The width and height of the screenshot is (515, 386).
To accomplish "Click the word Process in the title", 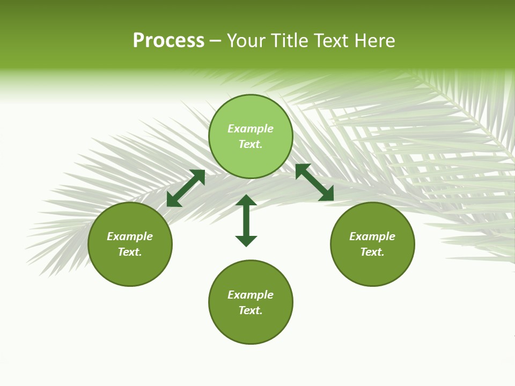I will [x=168, y=41].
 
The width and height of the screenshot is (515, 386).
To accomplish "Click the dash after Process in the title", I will [x=216, y=42].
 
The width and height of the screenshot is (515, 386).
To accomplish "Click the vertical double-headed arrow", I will [x=246, y=220].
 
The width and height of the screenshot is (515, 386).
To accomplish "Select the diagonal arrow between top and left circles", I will [x=186, y=188].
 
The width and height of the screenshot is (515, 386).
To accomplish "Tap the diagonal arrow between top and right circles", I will [x=314, y=182].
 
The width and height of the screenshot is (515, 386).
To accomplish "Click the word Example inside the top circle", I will [x=251, y=129].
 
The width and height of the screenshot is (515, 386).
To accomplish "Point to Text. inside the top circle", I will [x=251, y=144].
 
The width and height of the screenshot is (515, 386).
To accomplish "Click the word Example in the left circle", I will [x=130, y=236].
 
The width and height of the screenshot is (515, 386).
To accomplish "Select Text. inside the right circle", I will [x=372, y=252].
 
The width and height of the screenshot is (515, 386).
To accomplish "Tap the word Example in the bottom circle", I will [x=251, y=295].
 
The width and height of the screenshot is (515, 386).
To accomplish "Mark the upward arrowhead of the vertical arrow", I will [x=246, y=200].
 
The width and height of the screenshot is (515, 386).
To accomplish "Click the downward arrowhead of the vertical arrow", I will [x=246, y=241].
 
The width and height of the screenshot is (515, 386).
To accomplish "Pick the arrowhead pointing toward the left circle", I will [x=173, y=201].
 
